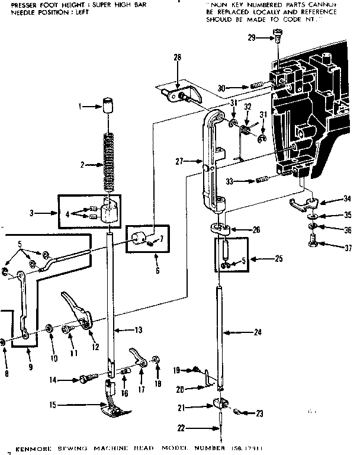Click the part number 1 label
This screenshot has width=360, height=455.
81,107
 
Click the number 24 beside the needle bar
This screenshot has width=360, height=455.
257,332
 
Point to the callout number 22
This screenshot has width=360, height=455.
182,428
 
